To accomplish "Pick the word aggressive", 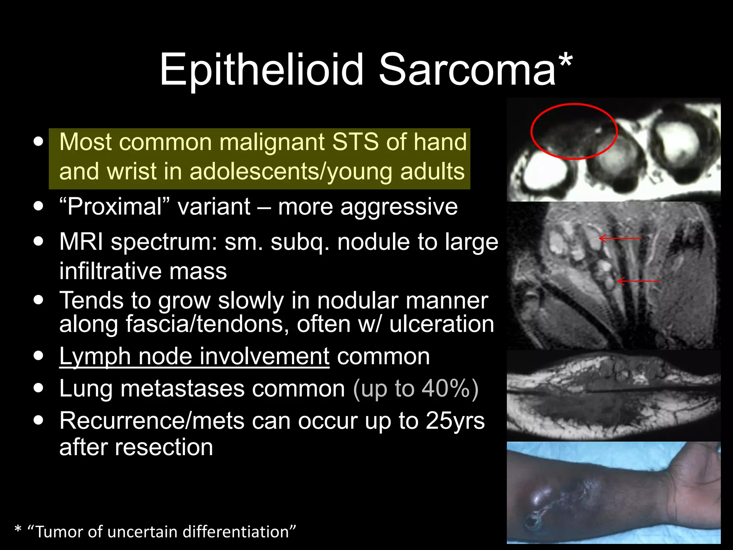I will coord(399,207).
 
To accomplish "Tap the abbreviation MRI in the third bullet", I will coord(81,242).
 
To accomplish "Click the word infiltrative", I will coord(143,271).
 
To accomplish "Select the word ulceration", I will coord(442,324).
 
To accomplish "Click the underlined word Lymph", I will coord(95,356).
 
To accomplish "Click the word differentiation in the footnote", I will coord(239,532).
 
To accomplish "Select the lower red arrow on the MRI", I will coord(639,281).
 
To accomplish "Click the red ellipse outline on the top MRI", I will coord(574,104).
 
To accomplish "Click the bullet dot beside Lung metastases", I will coord(38,388).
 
